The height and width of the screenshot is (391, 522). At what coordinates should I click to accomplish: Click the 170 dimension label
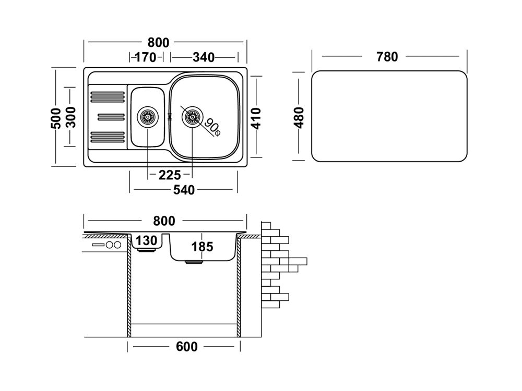pos(146,57)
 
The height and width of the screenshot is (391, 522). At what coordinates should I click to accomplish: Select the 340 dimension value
pos(204,57)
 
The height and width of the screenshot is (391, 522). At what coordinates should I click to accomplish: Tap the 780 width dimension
pos(387,56)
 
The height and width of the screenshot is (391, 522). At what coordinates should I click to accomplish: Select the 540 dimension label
pos(183,190)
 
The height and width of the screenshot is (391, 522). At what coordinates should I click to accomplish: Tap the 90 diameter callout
pos(212,126)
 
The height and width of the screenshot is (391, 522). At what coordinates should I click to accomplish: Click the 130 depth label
pos(147,241)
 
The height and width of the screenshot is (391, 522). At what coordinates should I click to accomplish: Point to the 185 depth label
pos(202,247)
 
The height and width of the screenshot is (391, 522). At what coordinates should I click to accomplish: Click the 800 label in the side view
pos(165,221)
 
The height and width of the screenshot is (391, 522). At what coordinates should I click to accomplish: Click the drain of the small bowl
pos(147,116)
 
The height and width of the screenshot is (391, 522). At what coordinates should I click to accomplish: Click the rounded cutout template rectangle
pos(389,116)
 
